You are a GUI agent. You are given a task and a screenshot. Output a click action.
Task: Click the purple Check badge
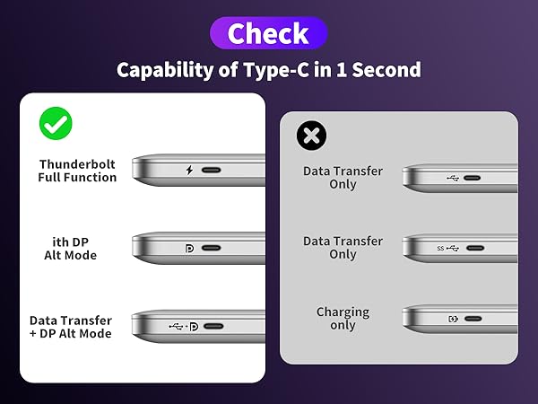coord(269,34)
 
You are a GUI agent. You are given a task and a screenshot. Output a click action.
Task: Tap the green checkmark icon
coord(56,123)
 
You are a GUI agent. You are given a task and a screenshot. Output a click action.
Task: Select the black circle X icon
coord(311,136)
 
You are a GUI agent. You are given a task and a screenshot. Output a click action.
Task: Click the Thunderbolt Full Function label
coord(77,171)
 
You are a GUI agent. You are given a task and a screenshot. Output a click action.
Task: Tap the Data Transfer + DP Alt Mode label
coord(71,327)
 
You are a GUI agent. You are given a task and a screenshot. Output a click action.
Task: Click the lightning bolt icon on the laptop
coord(188,170)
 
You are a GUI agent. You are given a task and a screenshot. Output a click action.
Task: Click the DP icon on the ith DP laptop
coord(189,248)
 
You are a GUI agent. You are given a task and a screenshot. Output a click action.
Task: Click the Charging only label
coord(343,319)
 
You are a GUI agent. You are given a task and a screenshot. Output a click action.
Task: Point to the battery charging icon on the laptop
coord(453,319)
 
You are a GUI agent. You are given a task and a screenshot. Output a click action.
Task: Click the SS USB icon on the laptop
coord(447,248)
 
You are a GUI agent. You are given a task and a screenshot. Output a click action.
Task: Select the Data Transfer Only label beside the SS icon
coord(343,248)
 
